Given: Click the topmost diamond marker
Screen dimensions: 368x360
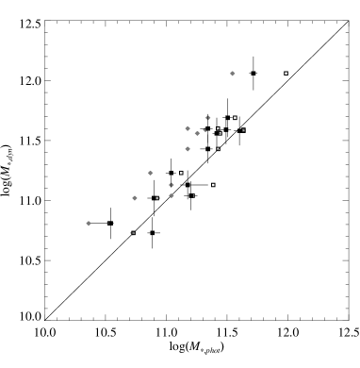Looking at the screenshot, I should coord(233,73).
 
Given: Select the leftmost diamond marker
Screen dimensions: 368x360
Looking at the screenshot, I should coord(89,224).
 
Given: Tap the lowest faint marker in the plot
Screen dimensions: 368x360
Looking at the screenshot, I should coord(132,233).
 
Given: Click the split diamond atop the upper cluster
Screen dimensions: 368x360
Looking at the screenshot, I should coord(208,118).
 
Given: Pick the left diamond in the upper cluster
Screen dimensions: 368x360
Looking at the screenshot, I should coord(188,127).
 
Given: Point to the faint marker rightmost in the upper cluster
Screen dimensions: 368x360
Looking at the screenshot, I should coord(219,130).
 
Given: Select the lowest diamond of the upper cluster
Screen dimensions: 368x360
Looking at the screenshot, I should coord(188,149).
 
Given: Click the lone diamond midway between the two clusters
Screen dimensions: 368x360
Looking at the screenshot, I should coord(151,173).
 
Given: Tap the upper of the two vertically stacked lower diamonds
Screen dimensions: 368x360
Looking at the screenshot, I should coord(172,185).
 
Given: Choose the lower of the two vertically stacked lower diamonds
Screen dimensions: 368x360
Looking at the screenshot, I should coord(172,195).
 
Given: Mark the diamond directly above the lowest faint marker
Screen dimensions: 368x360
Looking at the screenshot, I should coord(135,198).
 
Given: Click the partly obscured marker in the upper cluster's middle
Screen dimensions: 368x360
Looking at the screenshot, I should coord(205,130).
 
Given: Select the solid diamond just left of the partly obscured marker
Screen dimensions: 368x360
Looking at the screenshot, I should coord(197,133).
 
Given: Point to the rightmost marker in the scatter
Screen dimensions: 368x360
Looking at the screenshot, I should coord(233,73).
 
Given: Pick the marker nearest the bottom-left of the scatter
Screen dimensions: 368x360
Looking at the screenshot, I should coord(89,224).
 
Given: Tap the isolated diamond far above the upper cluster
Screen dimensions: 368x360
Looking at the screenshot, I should coord(233,73).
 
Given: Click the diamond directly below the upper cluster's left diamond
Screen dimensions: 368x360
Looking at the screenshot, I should coord(188,149).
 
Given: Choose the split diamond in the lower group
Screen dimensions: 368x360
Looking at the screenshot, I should coord(172,185).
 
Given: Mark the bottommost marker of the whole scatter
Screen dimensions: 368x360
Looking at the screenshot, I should coord(132,233).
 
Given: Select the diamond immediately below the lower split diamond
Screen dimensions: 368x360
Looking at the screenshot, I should coord(172,195).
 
